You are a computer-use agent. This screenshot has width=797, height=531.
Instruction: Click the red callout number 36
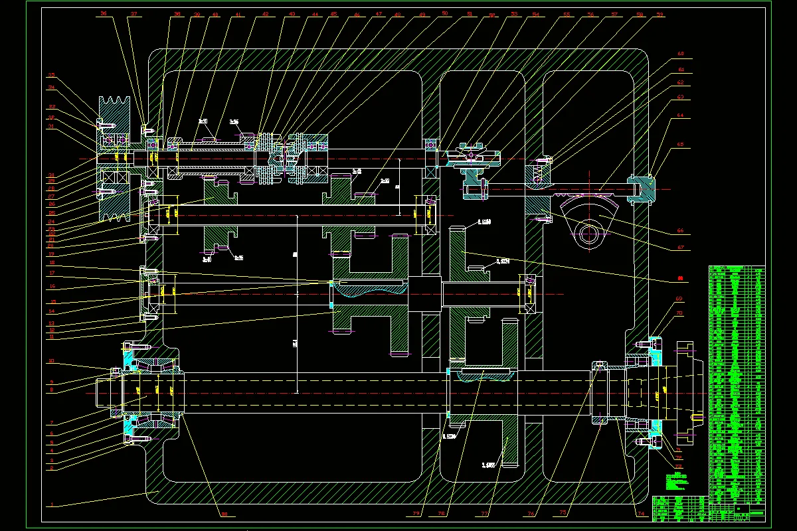[103, 13]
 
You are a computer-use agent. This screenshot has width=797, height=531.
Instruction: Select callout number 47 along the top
[379, 14]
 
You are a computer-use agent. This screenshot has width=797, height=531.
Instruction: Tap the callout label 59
[660, 14]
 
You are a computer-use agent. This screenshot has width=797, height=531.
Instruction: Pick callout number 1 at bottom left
[51, 504]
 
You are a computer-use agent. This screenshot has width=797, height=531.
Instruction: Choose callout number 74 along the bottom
[640, 513]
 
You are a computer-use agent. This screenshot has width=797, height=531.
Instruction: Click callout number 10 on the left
[50, 362]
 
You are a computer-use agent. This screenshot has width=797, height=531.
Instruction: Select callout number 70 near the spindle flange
[679, 313]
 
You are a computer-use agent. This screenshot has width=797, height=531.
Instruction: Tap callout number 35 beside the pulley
[50, 75]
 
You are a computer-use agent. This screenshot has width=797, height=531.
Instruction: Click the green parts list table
[737, 385]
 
